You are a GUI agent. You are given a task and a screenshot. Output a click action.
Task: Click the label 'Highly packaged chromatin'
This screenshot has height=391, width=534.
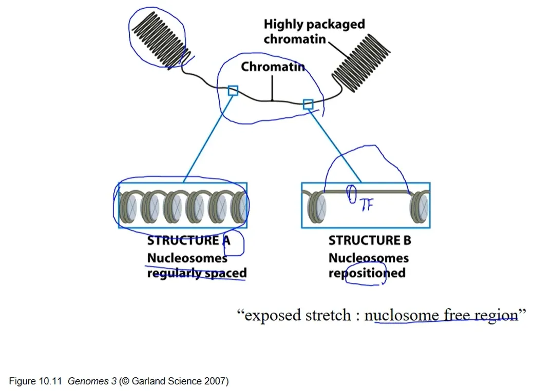tap(314, 32)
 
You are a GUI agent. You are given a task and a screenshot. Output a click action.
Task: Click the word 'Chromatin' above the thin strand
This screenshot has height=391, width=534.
tap(273, 67)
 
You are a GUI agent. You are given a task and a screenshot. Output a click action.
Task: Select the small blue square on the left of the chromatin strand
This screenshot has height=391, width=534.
tap(233, 90)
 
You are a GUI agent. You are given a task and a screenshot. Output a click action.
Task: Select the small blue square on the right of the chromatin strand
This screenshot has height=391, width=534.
tap(308, 105)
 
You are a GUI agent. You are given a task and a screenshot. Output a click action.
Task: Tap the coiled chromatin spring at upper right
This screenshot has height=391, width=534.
tap(361, 63)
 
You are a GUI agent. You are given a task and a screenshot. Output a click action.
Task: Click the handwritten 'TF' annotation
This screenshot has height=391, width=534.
tap(367, 204)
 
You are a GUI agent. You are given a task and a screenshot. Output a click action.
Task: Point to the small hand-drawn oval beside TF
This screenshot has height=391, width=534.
tap(351, 194)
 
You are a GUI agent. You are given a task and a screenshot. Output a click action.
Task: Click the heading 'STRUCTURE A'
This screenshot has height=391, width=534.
tap(188, 240)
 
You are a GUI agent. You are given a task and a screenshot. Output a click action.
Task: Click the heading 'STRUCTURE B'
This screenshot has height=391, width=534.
tap(370, 240)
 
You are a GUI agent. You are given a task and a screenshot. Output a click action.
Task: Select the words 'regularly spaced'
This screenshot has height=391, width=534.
tap(197, 273)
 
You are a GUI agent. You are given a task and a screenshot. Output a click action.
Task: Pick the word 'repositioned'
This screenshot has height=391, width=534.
tap(367, 273)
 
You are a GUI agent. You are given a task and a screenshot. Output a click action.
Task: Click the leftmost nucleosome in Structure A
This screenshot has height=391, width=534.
tap(128, 206)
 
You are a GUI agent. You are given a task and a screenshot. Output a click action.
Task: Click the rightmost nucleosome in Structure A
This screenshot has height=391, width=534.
tap(239, 206)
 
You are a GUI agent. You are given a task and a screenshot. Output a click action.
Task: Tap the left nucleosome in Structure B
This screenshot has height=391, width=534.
tap(317, 206)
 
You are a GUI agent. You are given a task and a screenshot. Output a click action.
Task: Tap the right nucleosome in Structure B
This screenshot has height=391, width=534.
tap(419, 206)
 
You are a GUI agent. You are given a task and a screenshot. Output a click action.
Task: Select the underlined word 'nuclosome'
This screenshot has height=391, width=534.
tap(402, 316)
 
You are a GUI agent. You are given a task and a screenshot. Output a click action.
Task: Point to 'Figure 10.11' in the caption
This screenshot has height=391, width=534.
tap(35, 381)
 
